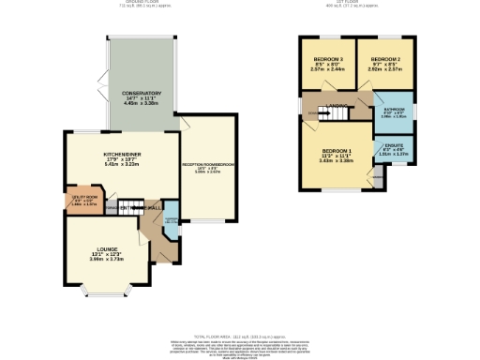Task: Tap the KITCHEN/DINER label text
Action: point(121,157)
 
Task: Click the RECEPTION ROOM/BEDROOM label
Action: point(207,166)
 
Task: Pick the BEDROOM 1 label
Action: point(336,151)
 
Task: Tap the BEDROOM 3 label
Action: point(328,59)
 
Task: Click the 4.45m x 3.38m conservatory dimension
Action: point(141,104)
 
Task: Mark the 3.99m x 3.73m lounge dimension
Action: point(107,259)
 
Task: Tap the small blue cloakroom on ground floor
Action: point(171,224)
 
